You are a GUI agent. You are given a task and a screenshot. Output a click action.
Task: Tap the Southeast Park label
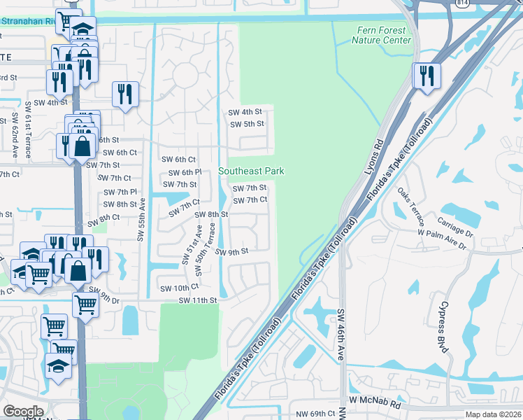pos(251,171)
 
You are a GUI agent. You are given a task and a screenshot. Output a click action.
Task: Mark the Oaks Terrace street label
pos(410,204)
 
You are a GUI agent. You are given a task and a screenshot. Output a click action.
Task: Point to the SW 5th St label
pos(247,124)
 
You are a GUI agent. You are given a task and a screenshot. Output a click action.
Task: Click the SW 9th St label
pos(231,252)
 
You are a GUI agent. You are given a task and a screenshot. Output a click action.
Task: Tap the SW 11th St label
pos(199,300)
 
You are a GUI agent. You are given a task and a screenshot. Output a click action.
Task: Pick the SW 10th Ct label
pos(179,287)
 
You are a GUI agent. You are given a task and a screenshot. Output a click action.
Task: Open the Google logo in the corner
pos(23,412)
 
